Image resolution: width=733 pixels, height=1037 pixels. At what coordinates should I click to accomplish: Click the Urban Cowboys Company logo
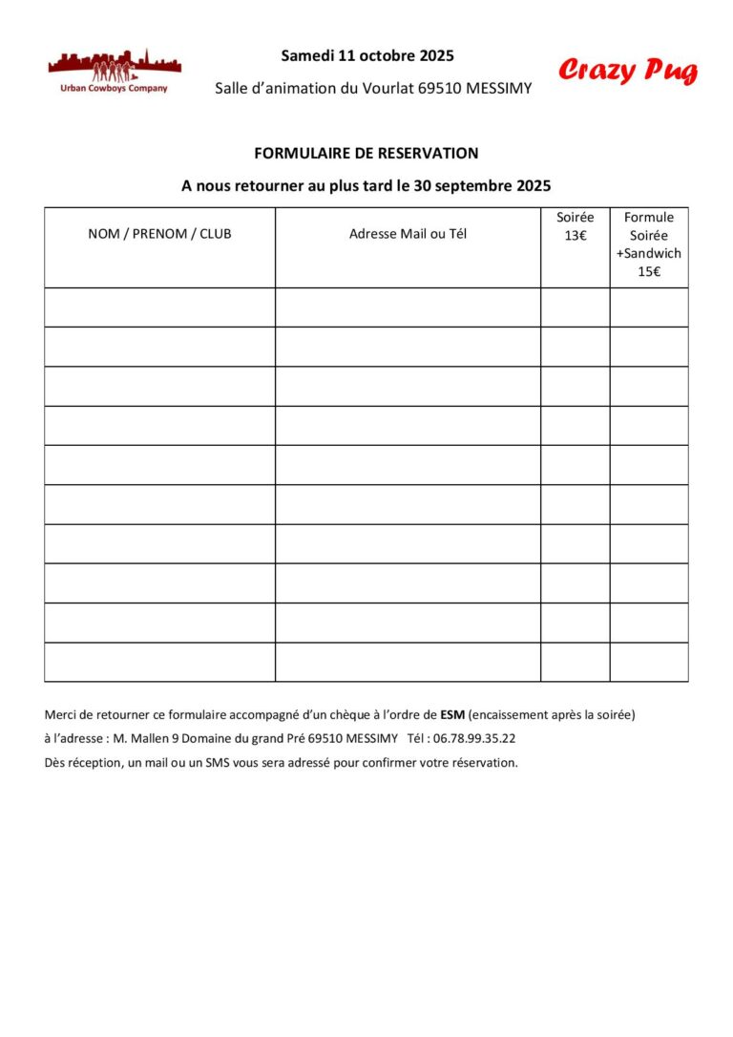(x=114, y=71)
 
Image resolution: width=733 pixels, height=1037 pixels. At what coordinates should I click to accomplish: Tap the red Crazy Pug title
(x=628, y=71)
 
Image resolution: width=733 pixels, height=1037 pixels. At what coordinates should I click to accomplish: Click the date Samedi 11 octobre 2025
(x=367, y=55)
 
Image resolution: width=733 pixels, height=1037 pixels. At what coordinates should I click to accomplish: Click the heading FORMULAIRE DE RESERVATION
(x=366, y=153)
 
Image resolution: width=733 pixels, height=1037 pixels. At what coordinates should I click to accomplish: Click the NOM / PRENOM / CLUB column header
(x=159, y=234)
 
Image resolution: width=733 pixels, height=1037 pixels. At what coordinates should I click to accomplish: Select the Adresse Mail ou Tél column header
(x=408, y=234)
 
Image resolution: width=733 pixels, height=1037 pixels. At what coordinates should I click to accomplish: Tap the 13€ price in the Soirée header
(x=575, y=236)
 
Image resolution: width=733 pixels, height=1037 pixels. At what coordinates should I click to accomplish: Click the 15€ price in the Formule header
(x=649, y=271)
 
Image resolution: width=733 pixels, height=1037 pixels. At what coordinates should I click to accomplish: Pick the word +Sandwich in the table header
(x=649, y=254)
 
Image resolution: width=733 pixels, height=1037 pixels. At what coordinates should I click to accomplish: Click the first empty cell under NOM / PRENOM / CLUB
(x=159, y=307)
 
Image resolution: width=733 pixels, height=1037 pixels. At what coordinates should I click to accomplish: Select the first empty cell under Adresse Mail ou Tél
(x=408, y=307)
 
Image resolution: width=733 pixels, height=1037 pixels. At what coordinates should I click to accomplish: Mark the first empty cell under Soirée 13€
(x=575, y=307)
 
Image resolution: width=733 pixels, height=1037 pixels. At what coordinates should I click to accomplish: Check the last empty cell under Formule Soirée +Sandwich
(x=649, y=662)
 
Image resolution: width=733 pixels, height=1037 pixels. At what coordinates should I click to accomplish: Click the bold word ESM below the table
(x=452, y=714)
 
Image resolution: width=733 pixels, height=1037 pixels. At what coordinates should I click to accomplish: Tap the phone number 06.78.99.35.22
(x=474, y=738)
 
